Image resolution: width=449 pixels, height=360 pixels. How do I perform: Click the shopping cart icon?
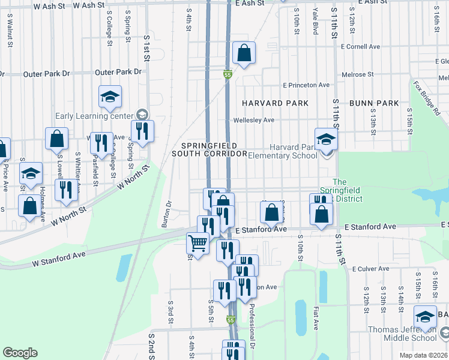tap(197, 243)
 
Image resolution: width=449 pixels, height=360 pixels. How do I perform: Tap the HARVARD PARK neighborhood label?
tap(275, 103)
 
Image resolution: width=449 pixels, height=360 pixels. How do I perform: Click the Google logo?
tap(20, 353)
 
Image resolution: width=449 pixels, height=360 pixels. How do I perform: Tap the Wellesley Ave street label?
tap(254, 120)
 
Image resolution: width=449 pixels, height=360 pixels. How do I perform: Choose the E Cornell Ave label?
tap(360, 46)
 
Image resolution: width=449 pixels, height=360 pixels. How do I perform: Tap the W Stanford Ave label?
tap(60, 258)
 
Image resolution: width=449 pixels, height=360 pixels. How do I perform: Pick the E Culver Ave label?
tap(373, 269)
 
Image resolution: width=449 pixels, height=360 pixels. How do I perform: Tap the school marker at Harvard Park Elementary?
tap(327, 140)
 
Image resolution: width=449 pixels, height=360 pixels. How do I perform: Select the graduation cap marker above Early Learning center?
tap(110, 97)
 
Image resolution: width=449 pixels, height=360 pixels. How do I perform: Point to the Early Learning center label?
tap(94, 116)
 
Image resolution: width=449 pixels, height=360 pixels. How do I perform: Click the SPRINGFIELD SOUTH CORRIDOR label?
tap(209, 150)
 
